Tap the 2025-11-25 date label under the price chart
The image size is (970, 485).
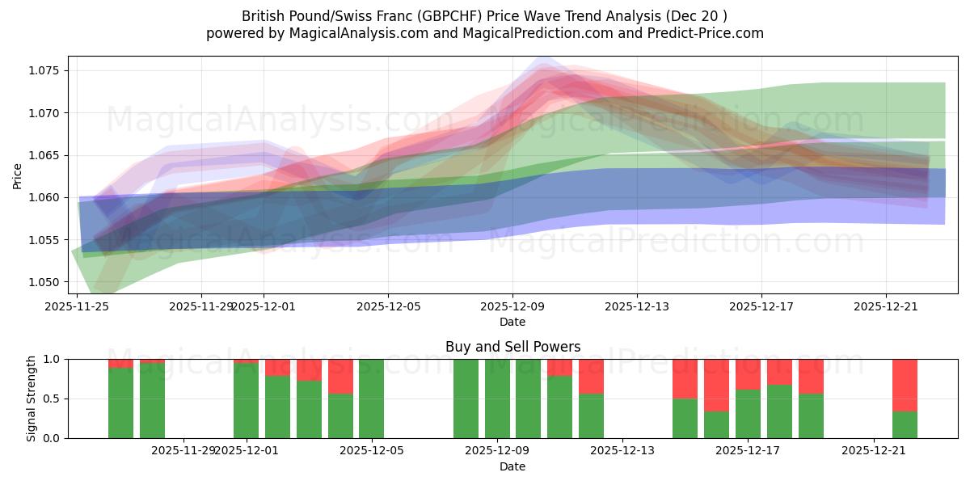[x=77, y=306]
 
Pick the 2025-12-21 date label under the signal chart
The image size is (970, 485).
[x=875, y=450]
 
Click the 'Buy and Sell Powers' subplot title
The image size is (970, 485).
[x=512, y=347]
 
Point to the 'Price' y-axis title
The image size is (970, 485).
[x=18, y=175]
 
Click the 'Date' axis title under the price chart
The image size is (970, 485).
[x=512, y=322]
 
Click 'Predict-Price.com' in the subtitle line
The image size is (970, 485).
[x=709, y=33]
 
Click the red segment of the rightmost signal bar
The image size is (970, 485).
[x=905, y=385]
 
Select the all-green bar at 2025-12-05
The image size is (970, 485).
[x=371, y=399]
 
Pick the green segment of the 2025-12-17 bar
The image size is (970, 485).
[x=748, y=414]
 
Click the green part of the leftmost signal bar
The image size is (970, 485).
[x=120, y=403]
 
